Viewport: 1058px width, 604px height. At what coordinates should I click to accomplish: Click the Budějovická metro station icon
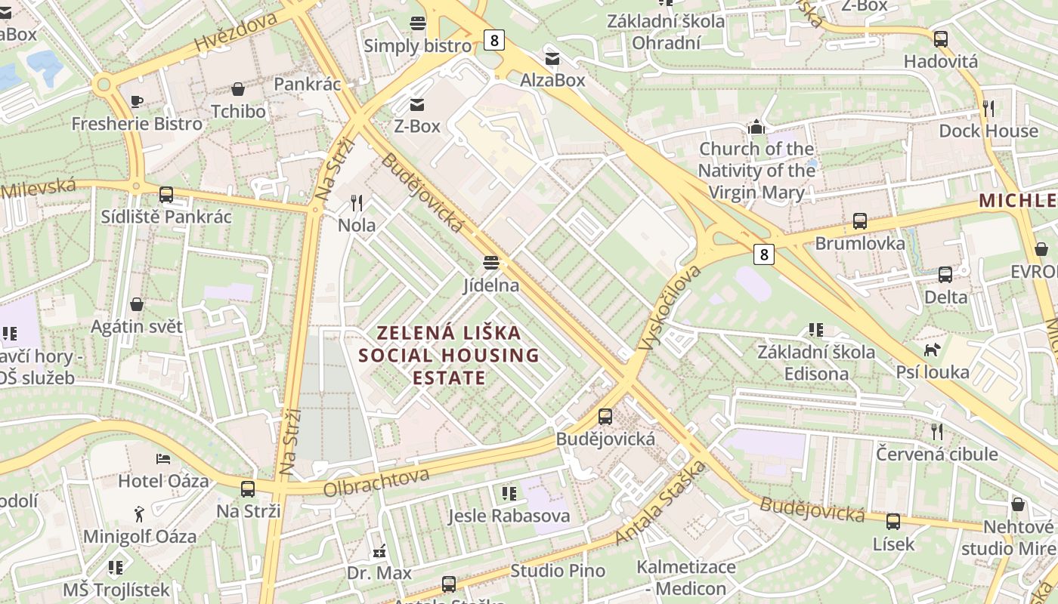pos(605,416)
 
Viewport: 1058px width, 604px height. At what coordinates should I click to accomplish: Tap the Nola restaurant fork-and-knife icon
pos(357,202)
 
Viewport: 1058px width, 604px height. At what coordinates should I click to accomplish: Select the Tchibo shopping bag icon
pos(238,89)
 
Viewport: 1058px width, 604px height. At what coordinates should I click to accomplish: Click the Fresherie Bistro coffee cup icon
pos(137,101)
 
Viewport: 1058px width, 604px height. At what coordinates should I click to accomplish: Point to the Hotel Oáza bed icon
pos(163,458)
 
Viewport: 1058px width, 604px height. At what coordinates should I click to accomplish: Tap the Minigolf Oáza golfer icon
pos(139,514)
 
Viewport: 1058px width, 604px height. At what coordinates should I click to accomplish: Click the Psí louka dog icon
pos(932,350)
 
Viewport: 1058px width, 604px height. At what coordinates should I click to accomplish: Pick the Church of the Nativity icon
pos(756,127)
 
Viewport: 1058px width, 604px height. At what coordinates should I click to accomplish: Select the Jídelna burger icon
pos(491,263)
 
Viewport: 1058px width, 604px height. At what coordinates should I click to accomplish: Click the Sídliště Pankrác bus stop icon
pos(166,195)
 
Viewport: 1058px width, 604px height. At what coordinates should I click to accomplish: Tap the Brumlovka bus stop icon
pos(859,221)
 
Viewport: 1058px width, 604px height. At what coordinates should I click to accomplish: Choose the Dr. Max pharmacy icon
pos(379,550)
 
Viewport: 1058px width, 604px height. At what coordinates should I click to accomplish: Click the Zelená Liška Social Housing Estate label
pos(449,355)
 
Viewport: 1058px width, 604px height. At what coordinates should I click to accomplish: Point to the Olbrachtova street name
pos(376,482)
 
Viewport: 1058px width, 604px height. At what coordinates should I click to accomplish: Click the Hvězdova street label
pos(235,33)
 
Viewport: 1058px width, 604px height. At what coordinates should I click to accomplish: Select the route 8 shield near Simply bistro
pos(494,40)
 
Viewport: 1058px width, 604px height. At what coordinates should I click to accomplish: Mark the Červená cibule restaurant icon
pos(937,431)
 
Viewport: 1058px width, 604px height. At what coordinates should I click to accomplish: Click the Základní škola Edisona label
pos(816,362)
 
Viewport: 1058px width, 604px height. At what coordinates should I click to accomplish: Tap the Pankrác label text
pos(308,84)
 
